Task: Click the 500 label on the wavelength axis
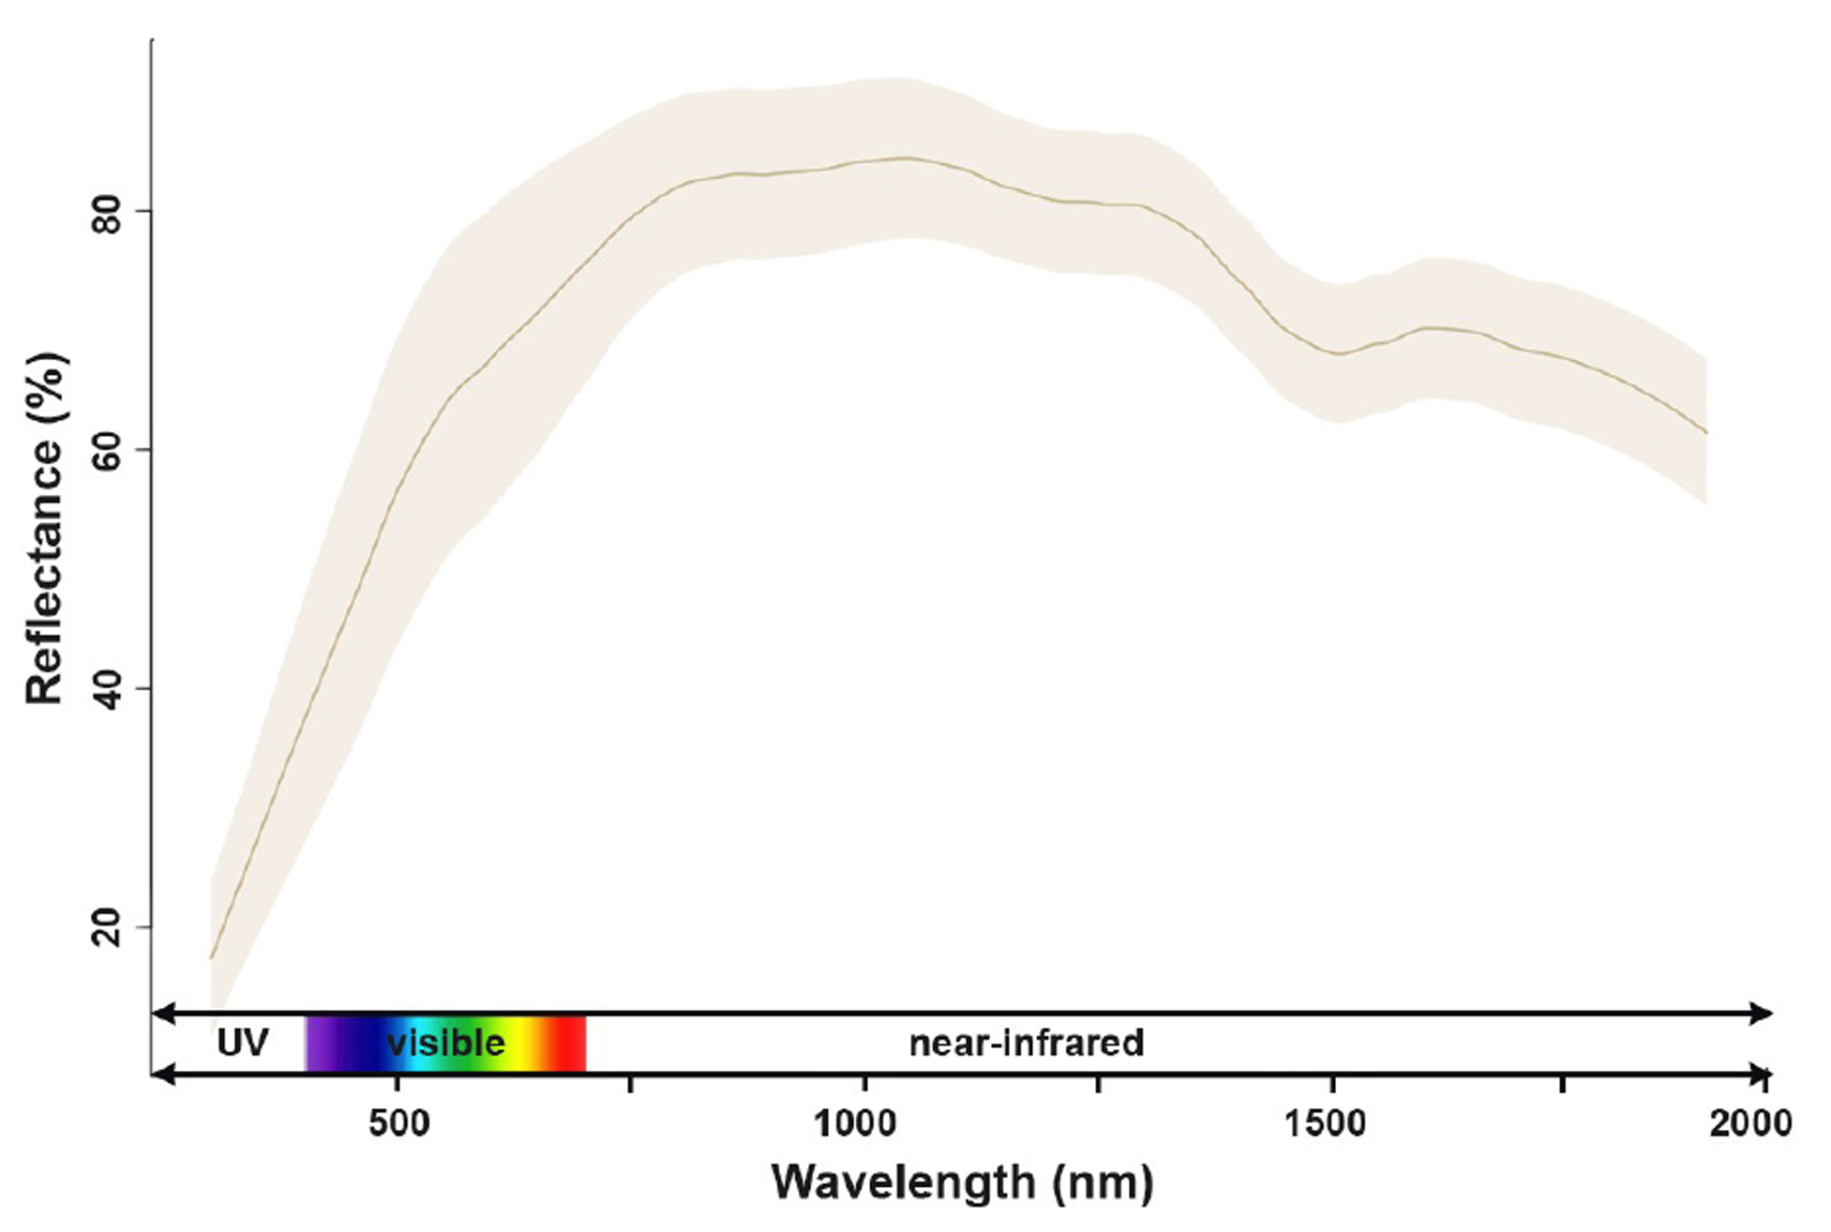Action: pyautogui.click(x=398, y=1122)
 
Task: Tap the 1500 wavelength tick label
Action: pyautogui.click(x=1325, y=1122)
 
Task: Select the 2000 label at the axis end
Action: pyautogui.click(x=1749, y=1122)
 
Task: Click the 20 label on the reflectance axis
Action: pyautogui.click(x=110, y=927)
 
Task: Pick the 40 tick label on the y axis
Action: pyautogui.click(x=110, y=688)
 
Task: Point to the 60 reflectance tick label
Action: pyautogui.click(x=110, y=449)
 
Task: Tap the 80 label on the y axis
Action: pyautogui.click(x=110, y=211)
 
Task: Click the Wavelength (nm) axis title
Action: pyautogui.click(x=962, y=1182)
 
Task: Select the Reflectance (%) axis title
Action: pyautogui.click(x=45, y=529)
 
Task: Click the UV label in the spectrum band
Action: pyautogui.click(x=242, y=1043)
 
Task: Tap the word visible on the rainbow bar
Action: pyautogui.click(x=446, y=1043)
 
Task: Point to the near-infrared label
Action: pyautogui.click(x=1027, y=1043)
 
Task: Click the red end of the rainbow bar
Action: pyautogui.click(x=572, y=1043)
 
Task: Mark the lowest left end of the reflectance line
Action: pyautogui.click(x=212, y=957)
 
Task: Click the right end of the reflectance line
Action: pyautogui.click(x=1706, y=433)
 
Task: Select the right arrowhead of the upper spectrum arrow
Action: pyautogui.click(x=1763, y=1013)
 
